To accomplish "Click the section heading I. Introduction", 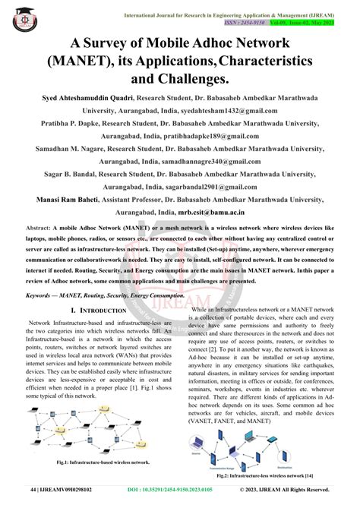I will pos(97,311).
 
